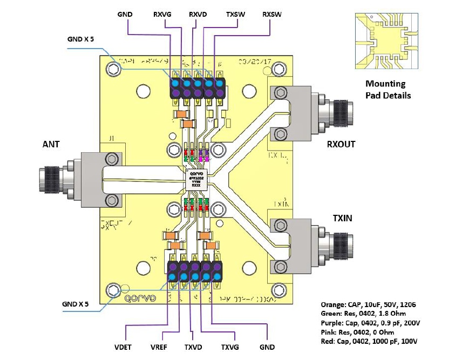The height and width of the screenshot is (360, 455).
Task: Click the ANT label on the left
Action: click(51, 145)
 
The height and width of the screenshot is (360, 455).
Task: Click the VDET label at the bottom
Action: click(126, 347)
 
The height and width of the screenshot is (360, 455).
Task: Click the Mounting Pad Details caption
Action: click(388, 90)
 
